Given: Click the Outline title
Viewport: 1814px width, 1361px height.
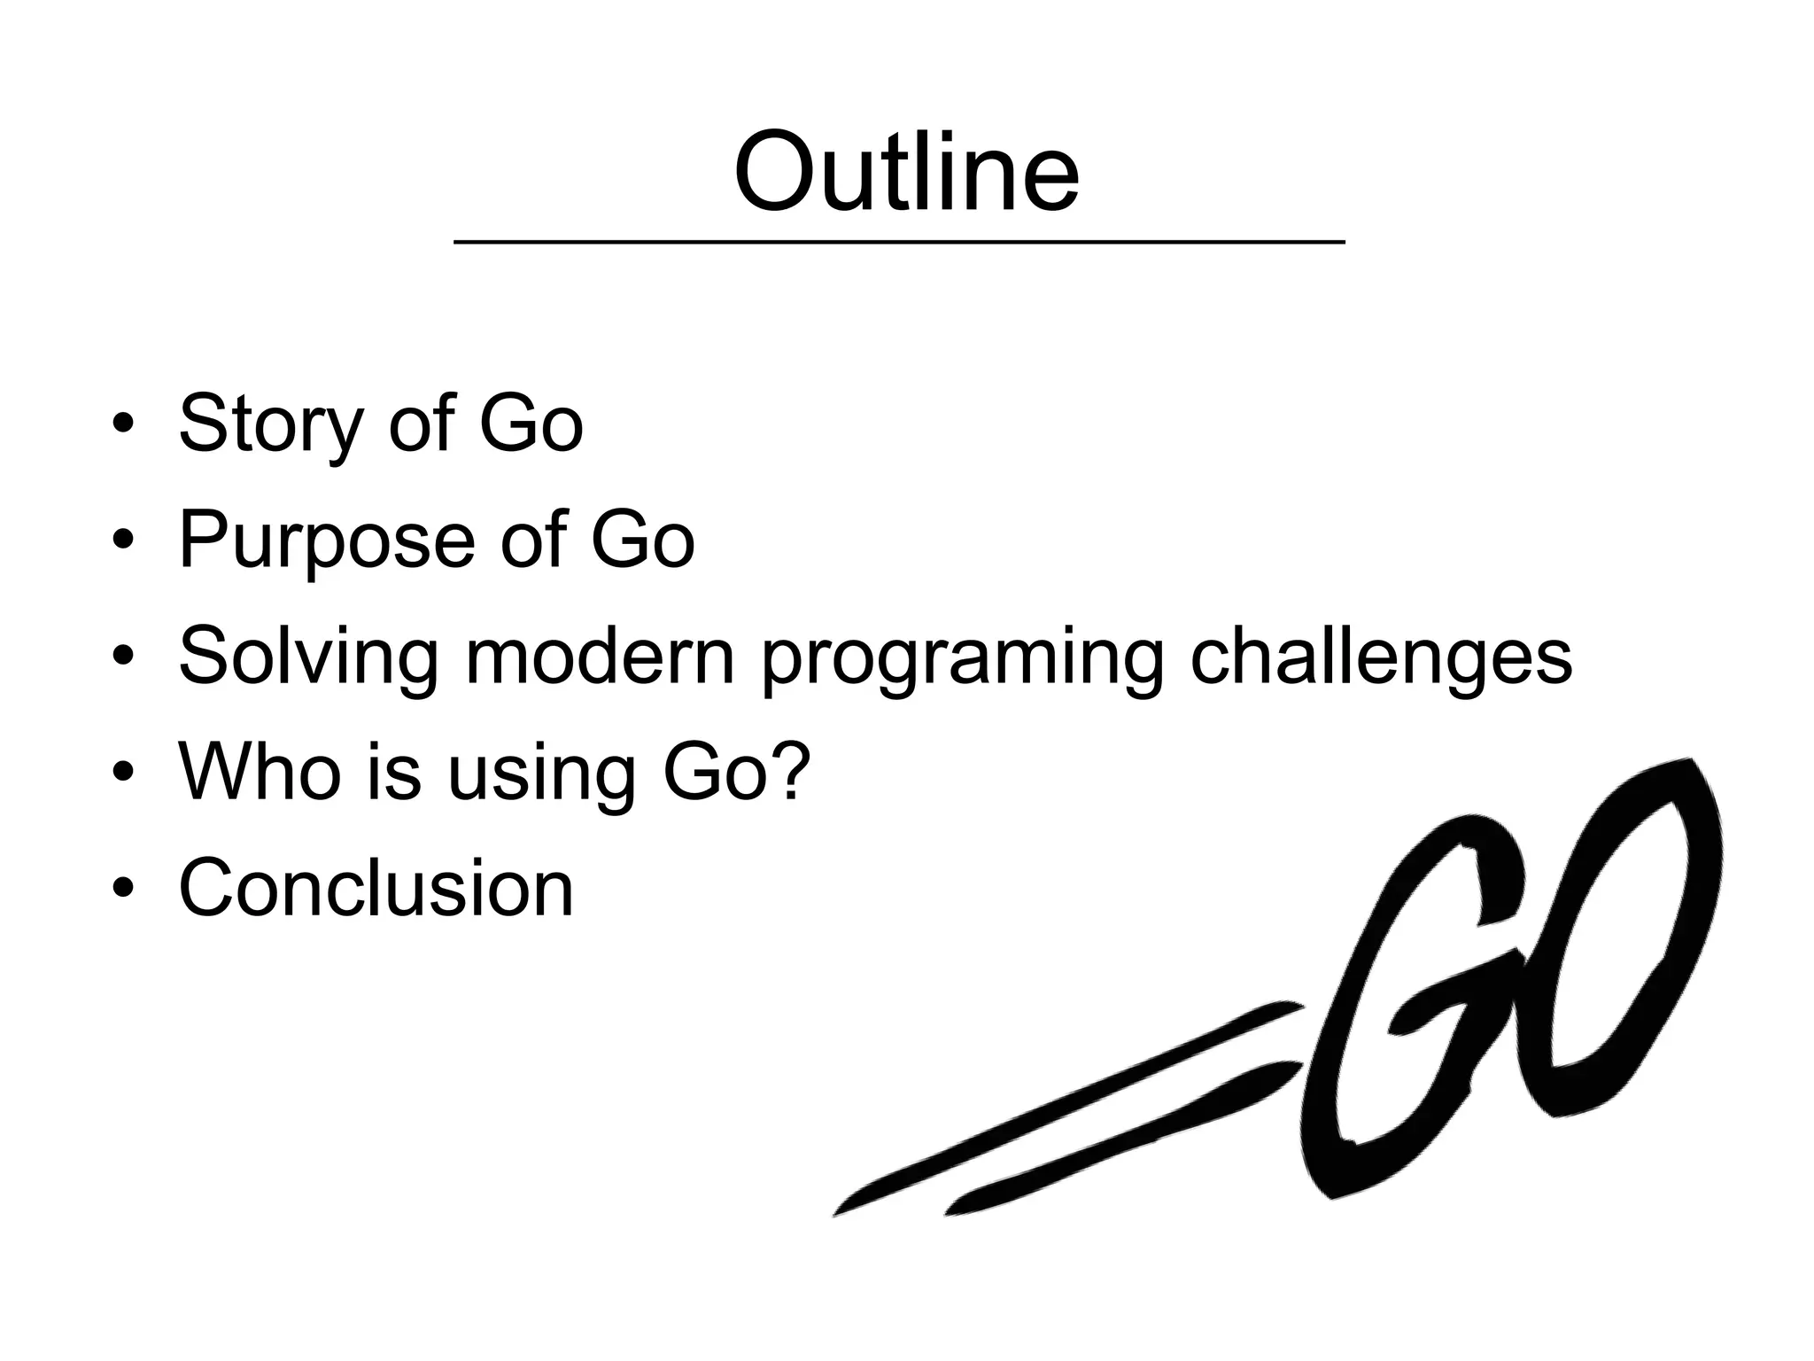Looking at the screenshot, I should point(906,172).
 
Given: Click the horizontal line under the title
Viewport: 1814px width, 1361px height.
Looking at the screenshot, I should point(899,241).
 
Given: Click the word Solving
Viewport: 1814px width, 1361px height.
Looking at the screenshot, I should point(308,658).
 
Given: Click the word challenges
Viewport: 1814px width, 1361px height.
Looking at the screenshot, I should point(1381,658).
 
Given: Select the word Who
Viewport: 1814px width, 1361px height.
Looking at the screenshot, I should point(260,771).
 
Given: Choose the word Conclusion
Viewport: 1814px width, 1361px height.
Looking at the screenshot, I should point(376,887).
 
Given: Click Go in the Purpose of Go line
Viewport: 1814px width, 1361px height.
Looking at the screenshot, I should point(643,540).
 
